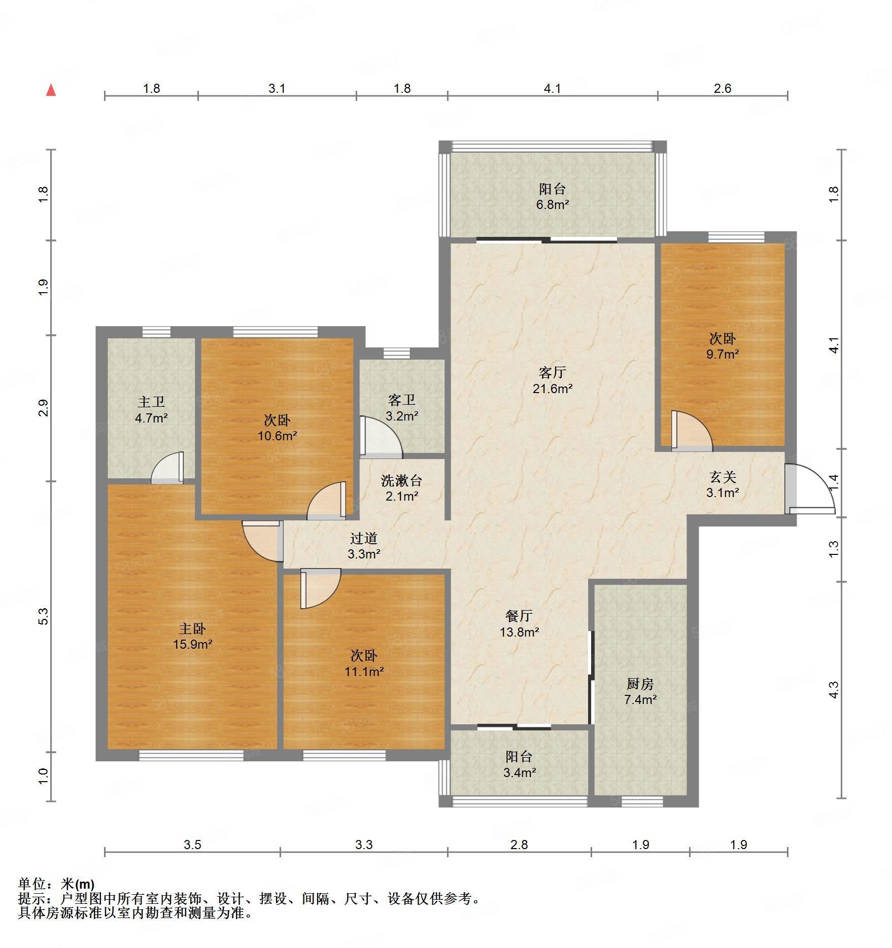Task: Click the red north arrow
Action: click(x=51, y=90)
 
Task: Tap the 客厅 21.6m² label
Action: click(x=552, y=380)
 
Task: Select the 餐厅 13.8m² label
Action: click(x=519, y=623)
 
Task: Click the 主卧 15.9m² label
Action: click(x=192, y=636)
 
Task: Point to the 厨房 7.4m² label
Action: click(x=640, y=691)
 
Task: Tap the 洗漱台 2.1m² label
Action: click(x=401, y=487)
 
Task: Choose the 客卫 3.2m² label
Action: click(x=401, y=408)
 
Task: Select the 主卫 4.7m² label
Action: click(x=151, y=410)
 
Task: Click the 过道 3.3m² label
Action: click(x=364, y=546)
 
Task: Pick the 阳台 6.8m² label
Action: click(x=552, y=197)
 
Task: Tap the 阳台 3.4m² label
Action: click(x=519, y=764)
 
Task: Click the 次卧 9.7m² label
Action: click(x=723, y=346)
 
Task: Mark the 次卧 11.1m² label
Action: click(x=364, y=663)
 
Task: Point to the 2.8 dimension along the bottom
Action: click(x=519, y=845)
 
